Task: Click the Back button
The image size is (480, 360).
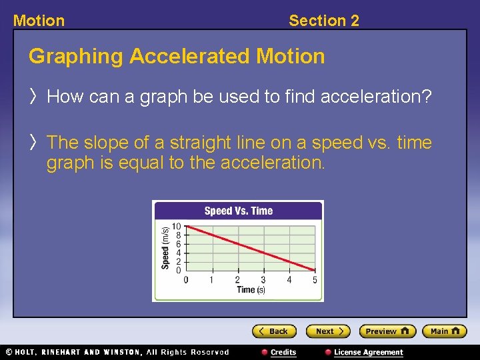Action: click(x=274, y=331)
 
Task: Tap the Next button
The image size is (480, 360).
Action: click(x=328, y=331)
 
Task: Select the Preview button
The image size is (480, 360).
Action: click(x=387, y=331)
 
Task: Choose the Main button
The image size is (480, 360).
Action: click(x=445, y=331)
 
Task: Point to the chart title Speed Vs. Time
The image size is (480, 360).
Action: click(x=238, y=211)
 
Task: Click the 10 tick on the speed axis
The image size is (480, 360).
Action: click(x=177, y=227)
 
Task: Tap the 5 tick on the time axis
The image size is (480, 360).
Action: click(x=315, y=280)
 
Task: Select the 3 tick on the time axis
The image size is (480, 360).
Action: click(x=263, y=280)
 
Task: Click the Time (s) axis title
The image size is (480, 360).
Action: click(x=251, y=290)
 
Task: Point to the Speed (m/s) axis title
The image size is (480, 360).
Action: click(x=165, y=248)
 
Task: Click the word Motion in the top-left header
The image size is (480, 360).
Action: click(x=39, y=21)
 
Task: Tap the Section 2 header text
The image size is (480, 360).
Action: click(x=324, y=21)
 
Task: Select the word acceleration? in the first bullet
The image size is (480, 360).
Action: click(x=376, y=97)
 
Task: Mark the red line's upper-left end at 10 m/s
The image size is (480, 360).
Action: click(x=187, y=227)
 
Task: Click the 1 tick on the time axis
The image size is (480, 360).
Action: click(x=211, y=280)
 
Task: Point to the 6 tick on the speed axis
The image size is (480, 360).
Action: click(x=178, y=245)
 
